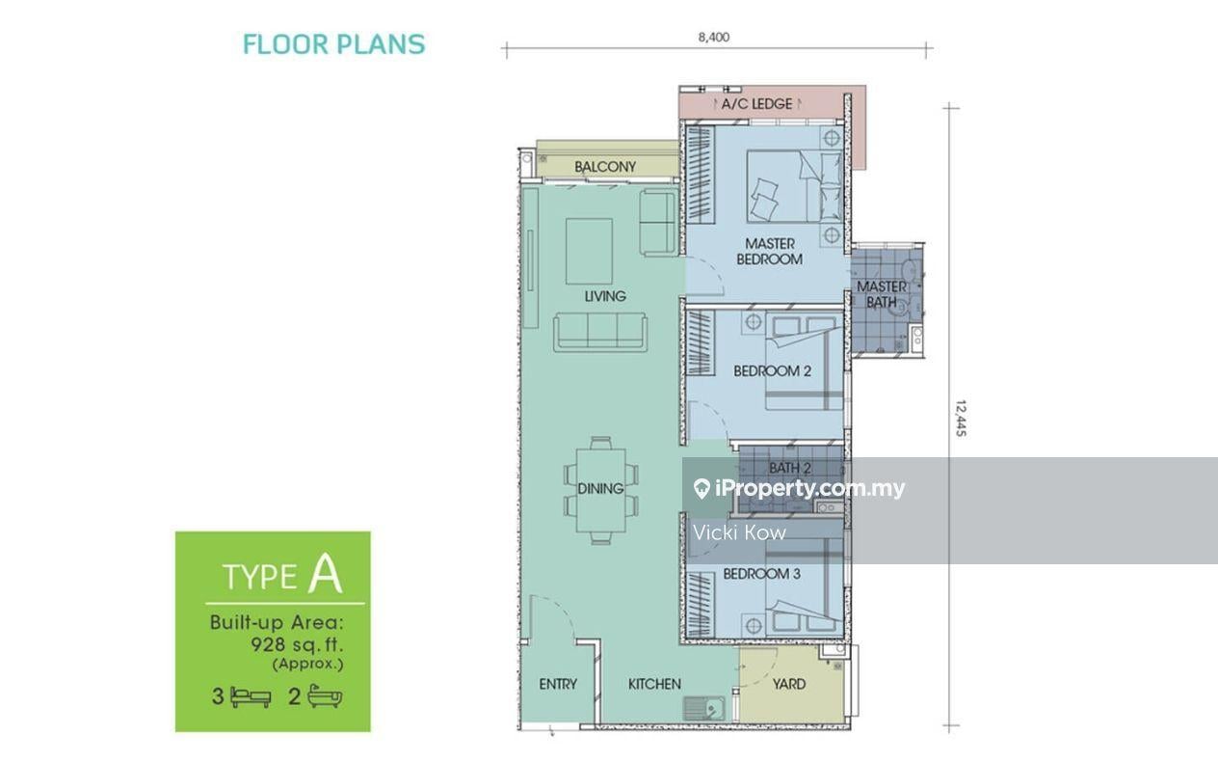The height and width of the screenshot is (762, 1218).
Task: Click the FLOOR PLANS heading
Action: point(333,44)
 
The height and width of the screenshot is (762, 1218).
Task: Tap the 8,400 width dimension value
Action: point(713,37)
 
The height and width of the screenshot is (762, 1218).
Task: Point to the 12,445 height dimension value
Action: point(961,418)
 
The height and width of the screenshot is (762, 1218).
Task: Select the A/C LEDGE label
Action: point(756,103)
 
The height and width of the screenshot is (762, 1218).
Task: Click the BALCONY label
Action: point(605,167)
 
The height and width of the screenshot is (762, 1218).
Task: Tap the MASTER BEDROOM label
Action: point(769,252)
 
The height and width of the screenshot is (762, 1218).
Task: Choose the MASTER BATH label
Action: point(882,294)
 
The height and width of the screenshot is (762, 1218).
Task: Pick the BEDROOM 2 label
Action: point(772,371)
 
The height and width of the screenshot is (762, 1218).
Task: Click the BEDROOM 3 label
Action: point(761,574)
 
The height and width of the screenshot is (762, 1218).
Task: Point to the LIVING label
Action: point(605,296)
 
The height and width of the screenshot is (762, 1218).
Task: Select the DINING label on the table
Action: point(600,489)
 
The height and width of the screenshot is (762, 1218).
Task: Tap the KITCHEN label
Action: point(654,684)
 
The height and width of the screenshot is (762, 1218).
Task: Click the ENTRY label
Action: point(558,684)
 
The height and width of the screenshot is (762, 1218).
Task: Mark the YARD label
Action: point(789,684)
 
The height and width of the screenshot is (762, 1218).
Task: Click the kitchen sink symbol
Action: point(703,708)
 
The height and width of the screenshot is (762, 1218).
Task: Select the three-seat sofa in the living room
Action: point(600,332)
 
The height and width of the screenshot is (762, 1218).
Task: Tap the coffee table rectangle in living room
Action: point(589,252)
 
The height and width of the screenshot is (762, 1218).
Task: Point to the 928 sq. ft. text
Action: point(297,645)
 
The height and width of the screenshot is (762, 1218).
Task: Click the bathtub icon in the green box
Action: point(325,696)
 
